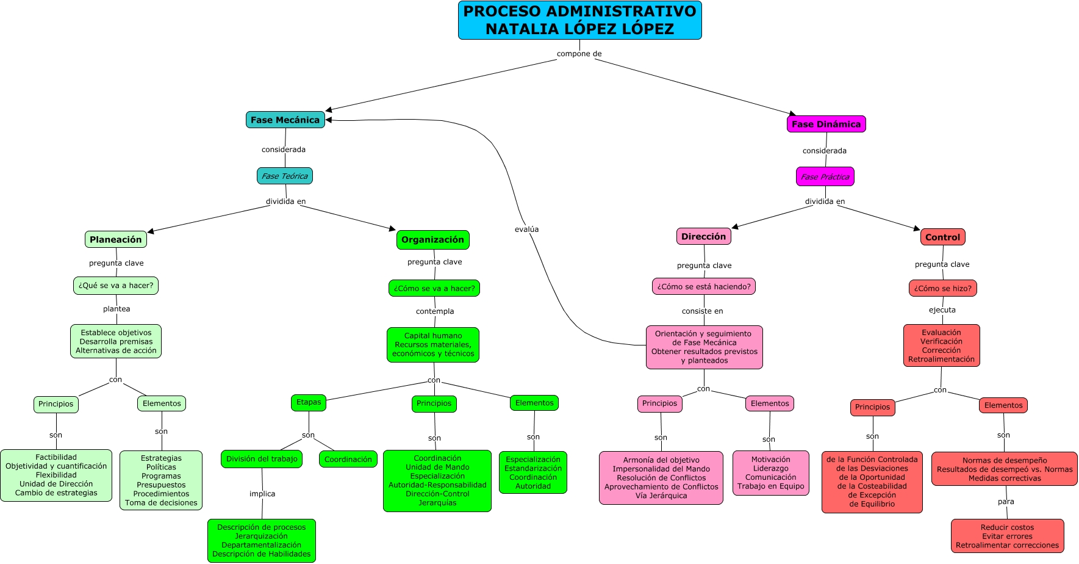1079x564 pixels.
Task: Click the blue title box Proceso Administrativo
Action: point(579,20)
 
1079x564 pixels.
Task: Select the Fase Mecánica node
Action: point(285,120)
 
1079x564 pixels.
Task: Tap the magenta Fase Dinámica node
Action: point(826,124)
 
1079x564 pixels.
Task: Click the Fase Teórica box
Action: point(285,176)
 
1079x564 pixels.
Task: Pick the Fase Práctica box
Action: point(825,176)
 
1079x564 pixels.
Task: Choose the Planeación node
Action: point(116,239)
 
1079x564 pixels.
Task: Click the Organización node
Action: point(432,239)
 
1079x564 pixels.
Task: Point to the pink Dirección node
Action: point(703,236)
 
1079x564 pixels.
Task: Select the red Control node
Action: point(942,237)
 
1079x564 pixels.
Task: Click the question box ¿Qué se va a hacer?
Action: point(116,285)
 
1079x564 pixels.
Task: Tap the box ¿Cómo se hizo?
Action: point(942,288)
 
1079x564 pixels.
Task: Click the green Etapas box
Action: point(309,402)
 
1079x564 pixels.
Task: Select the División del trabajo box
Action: point(262,459)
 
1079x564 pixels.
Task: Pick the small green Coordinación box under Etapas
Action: point(348,459)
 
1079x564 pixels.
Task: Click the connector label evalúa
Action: point(526,230)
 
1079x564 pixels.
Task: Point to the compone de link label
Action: point(579,54)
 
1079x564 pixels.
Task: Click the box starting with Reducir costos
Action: point(1007,536)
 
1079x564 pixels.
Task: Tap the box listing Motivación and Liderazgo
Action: point(770,473)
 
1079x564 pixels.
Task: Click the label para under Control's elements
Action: point(1006,502)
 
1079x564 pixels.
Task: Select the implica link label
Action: point(262,494)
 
